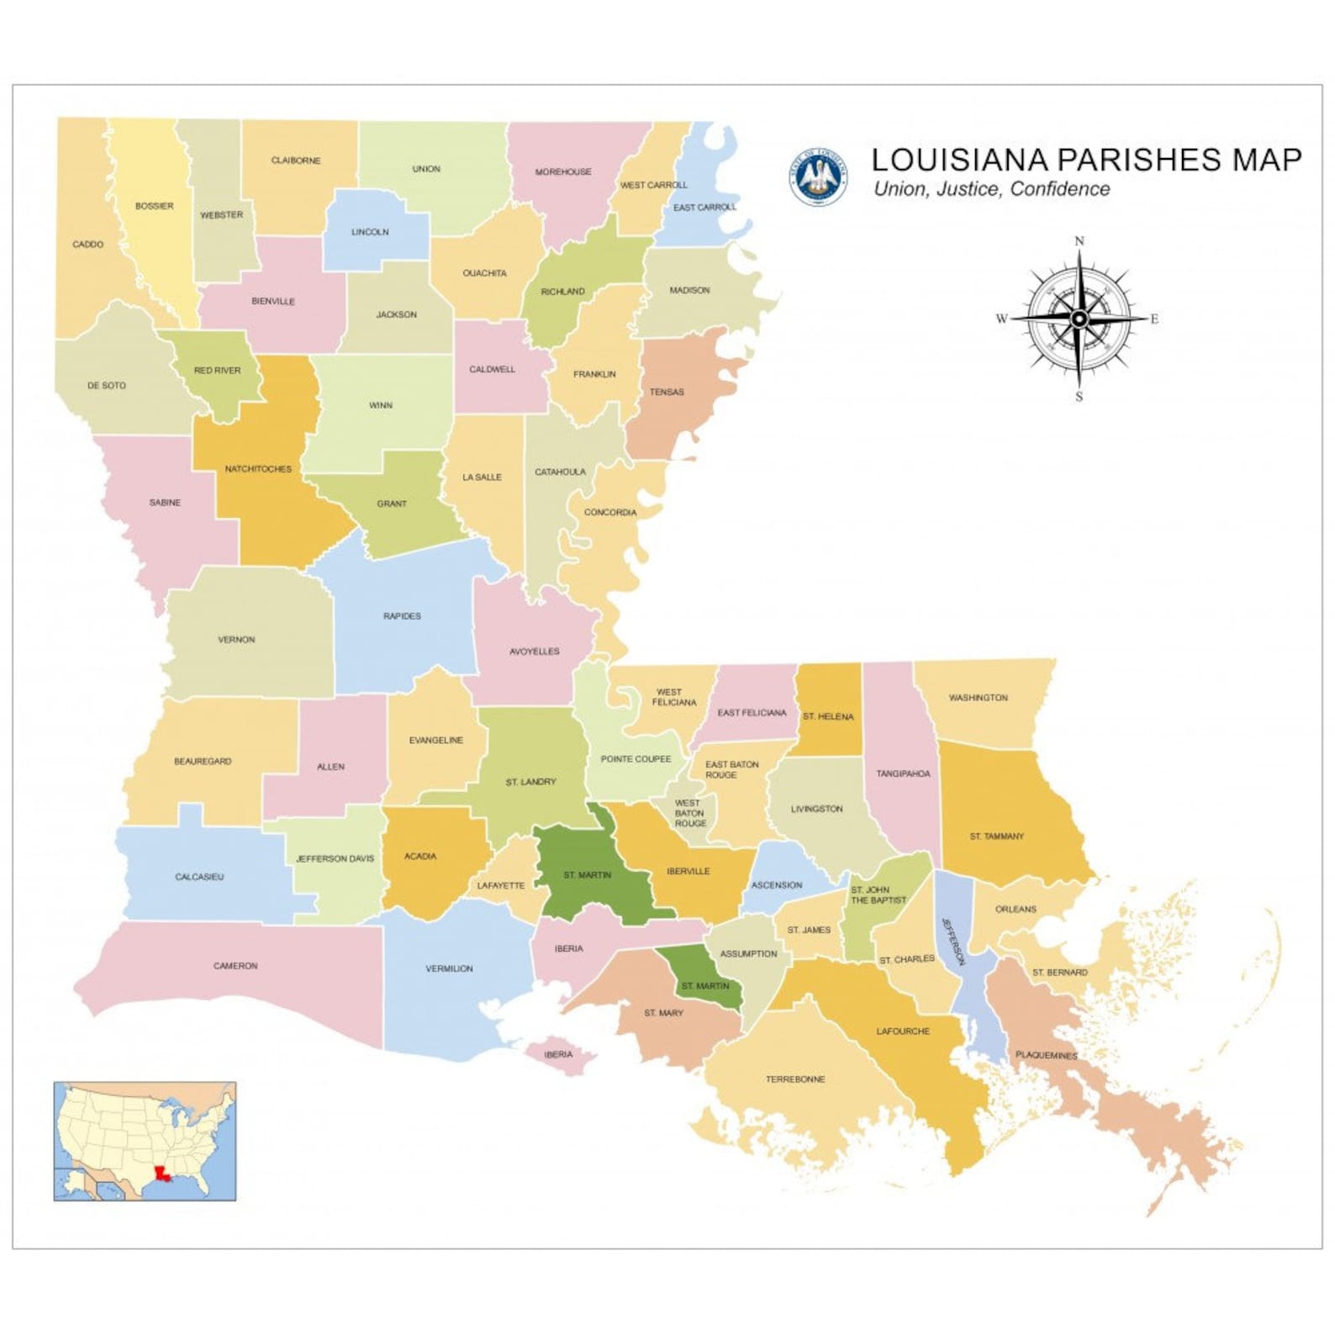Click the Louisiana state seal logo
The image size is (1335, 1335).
(x=817, y=177)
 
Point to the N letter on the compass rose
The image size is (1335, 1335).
(x=1079, y=241)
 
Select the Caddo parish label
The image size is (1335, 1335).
(x=88, y=245)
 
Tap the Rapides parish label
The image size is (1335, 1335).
(x=402, y=616)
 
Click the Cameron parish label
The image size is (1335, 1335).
(x=235, y=966)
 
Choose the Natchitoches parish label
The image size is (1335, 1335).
(x=258, y=469)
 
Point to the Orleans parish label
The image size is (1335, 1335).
(x=1016, y=909)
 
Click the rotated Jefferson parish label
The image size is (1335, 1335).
(x=953, y=942)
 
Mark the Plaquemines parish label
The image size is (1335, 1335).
(x=1046, y=1055)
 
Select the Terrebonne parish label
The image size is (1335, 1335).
(x=795, y=1079)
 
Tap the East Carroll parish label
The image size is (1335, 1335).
(x=704, y=208)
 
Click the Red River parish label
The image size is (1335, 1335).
(x=217, y=371)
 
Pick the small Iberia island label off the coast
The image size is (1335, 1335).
(x=558, y=1054)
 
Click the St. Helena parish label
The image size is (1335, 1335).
(x=828, y=717)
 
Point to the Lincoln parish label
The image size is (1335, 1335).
(x=370, y=232)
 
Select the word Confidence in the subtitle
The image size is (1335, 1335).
(x=1059, y=189)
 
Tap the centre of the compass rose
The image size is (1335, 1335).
(x=1079, y=319)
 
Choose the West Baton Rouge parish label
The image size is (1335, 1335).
(x=689, y=813)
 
